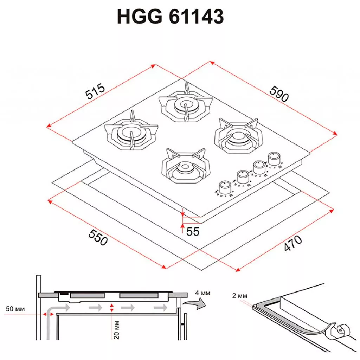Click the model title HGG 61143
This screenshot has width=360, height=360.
(170, 17)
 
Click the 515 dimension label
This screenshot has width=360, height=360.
(95, 91)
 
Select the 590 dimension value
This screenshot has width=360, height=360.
(279, 94)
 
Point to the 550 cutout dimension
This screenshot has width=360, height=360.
(98, 237)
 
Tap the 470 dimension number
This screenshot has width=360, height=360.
(293, 243)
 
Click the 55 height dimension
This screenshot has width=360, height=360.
(193, 231)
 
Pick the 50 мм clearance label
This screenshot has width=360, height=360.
(15, 309)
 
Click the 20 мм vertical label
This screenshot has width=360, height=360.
(117, 330)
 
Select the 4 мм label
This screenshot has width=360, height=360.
(203, 293)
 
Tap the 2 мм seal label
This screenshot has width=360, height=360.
(240, 296)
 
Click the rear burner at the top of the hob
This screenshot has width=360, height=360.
(186, 104)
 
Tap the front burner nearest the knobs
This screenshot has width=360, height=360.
(186, 166)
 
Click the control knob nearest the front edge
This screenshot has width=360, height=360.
(225, 188)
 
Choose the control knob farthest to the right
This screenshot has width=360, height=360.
(274, 159)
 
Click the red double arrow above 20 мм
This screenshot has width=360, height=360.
(112, 308)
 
